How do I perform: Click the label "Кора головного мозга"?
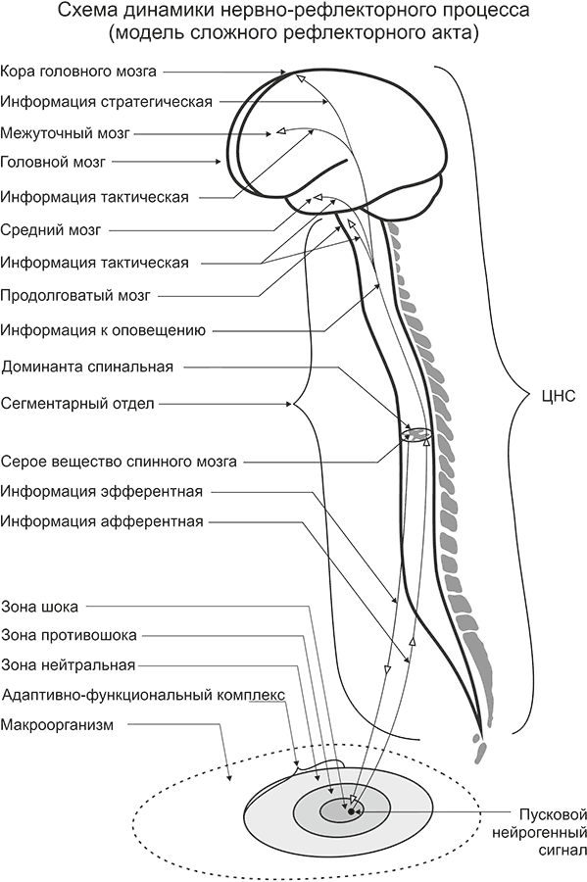[x=78, y=72]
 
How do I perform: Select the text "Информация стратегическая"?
[x=107, y=102]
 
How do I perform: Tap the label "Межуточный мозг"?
[x=66, y=133]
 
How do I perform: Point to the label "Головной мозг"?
[x=53, y=162]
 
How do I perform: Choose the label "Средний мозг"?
[x=51, y=230]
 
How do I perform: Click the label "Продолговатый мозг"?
[x=75, y=295]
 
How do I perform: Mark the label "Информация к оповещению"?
[x=103, y=330]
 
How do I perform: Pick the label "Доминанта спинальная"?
[x=88, y=367]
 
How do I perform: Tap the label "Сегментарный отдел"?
[x=77, y=404]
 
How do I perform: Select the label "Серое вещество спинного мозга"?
[x=119, y=462]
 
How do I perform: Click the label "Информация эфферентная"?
[x=102, y=491]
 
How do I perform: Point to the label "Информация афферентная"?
[x=102, y=521]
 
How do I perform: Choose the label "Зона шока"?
[x=40, y=607]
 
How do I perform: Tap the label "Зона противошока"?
[x=70, y=636]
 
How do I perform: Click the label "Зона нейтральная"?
[x=69, y=664]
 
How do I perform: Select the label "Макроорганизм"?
[x=58, y=725]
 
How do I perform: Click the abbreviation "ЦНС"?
[x=559, y=396]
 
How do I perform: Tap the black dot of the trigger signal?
[x=351, y=811]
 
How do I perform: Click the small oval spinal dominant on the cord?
[x=416, y=434]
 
